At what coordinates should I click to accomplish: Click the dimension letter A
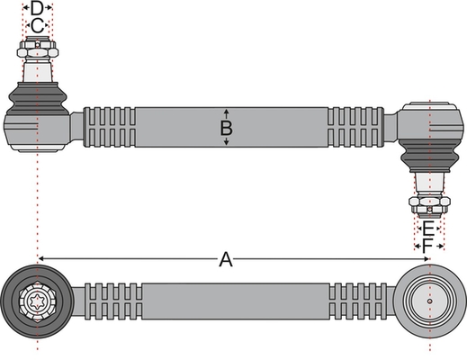coord(226,259)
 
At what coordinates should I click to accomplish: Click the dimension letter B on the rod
coord(226,128)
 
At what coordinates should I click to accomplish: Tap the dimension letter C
coord(37,26)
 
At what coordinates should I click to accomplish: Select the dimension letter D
coord(37,8)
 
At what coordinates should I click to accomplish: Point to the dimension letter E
coord(428,229)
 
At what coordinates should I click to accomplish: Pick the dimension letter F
coord(427,247)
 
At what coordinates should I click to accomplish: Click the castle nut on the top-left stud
coord(38,49)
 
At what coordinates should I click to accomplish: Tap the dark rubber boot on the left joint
coord(38,98)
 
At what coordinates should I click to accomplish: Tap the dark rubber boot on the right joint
coord(430,156)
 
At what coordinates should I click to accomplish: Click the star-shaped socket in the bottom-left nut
coord(37,301)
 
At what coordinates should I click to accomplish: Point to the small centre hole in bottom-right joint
coord(430,301)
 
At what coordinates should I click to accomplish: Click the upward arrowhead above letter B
coord(227,112)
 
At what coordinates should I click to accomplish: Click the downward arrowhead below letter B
coord(227,142)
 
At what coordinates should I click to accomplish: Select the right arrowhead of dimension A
coord(426,258)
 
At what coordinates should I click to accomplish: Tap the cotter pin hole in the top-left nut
coord(37,45)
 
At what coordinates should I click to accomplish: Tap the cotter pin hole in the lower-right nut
coord(430,209)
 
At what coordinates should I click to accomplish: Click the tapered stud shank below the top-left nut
coord(38,70)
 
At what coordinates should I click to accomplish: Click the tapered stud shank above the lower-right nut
coord(429,184)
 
